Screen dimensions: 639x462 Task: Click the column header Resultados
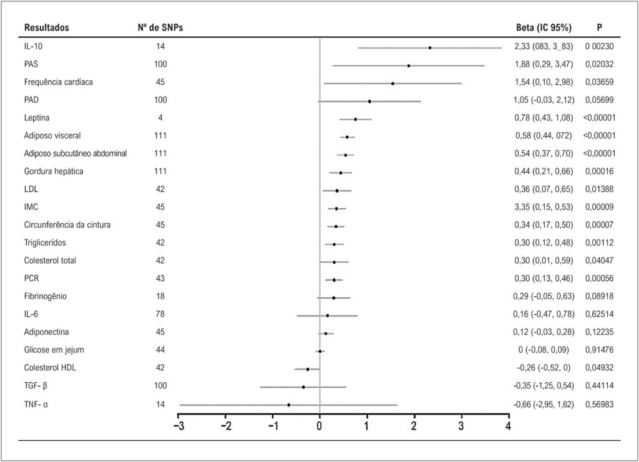pyautogui.click(x=46, y=27)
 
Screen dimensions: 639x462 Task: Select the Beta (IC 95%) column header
pyautogui.click(x=544, y=27)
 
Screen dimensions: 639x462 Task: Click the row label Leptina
pyautogui.click(x=37, y=118)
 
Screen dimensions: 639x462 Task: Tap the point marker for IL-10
pyautogui.click(x=430, y=47)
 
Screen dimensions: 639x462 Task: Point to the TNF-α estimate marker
pyautogui.click(x=288, y=405)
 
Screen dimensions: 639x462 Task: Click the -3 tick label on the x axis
pyautogui.click(x=178, y=426)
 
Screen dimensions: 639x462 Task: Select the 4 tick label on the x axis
pyautogui.click(x=508, y=426)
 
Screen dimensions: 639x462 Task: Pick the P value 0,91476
pyautogui.click(x=600, y=350)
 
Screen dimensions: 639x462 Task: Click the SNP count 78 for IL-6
pyautogui.click(x=160, y=314)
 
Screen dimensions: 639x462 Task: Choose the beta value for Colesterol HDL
pyautogui.click(x=544, y=368)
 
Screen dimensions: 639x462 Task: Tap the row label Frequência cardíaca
pyautogui.click(x=58, y=82)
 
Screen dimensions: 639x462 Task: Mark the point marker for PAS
pyautogui.click(x=409, y=65)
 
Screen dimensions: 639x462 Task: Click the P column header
pyautogui.click(x=600, y=27)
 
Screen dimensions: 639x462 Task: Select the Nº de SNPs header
pyautogui.click(x=160, y=27)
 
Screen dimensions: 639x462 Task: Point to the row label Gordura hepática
pyautogui.click(x=54, y=171)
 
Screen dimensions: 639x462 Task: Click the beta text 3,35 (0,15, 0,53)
pyautogui.click(x=544, y=207)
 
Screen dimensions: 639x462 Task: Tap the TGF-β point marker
pyautogui.click(x=303, y=387)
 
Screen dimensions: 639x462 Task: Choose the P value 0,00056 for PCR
pyautogui.click(x=600, y=279)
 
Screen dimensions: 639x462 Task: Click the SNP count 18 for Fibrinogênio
pyautogui.click(x=160, y=296)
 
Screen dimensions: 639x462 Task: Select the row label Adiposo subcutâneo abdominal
pyautogui.click(x=76, y=153)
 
